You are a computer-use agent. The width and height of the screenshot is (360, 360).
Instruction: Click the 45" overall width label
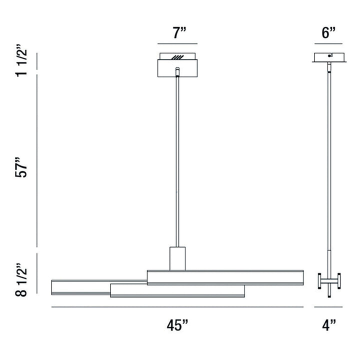point(177,325)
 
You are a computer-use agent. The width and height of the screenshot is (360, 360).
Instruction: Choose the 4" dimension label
point(328,325)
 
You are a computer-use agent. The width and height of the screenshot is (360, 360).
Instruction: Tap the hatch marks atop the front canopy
point(177,57)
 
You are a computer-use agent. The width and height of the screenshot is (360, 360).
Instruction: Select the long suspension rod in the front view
point(177,160)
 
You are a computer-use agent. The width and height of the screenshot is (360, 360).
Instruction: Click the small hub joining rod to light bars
point(177,258)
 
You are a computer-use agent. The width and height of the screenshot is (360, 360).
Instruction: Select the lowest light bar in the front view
point(177,291)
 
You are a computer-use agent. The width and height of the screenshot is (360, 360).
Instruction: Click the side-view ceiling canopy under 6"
point(328,57)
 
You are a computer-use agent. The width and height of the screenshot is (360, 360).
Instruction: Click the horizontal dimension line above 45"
point(177,306)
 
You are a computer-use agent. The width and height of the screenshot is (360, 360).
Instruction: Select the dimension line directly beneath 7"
point(179,44)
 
